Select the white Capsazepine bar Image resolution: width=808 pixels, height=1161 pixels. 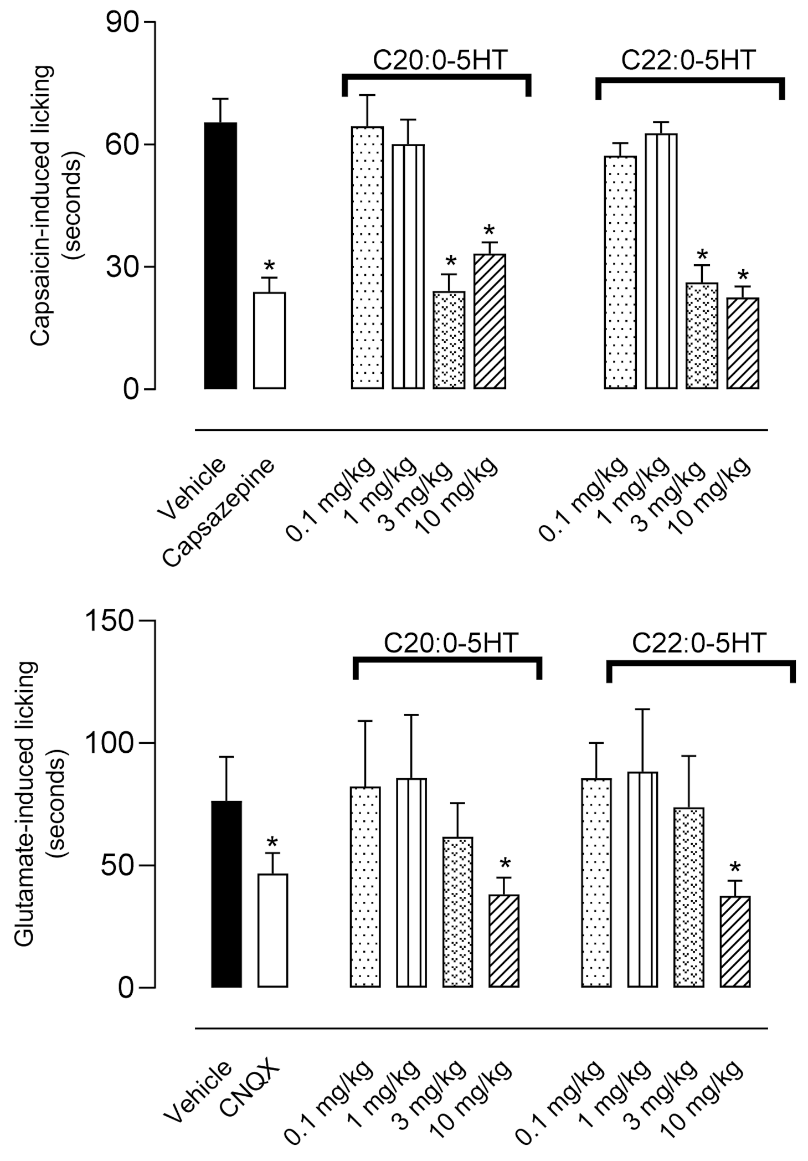pyautogui.click(x=269, y=341)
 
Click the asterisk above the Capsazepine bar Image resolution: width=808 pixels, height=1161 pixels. pyautogui.click(x=269, y=265)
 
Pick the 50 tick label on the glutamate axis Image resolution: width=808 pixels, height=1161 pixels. pyautogui.click(x=118, y=866)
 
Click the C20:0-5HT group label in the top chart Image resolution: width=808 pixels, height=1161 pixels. pyautogui.click(x=440, y=60)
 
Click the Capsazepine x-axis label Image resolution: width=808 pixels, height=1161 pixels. pyautogui.click(x=219, y=512)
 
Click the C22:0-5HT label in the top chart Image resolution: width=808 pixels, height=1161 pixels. pyautogui.click(x=688, y=60)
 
